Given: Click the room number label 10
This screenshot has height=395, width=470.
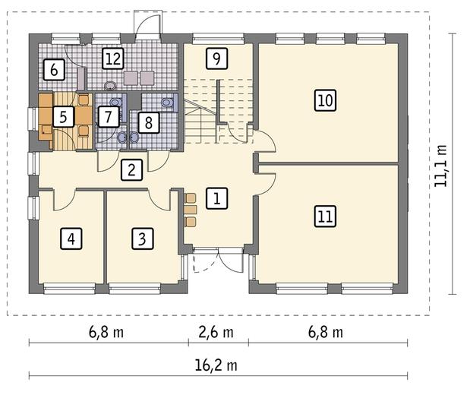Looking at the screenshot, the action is click(325, 100).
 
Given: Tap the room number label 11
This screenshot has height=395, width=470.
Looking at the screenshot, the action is click(325, 216).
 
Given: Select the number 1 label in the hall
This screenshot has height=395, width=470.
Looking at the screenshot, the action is click(217, 198).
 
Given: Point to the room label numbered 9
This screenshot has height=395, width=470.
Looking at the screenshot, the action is click(216, 58).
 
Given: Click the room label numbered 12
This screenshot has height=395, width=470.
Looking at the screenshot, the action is click(113, 58).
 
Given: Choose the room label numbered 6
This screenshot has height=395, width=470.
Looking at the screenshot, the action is click(54, 70).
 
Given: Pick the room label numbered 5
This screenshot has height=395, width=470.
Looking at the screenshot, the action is click(63, 116).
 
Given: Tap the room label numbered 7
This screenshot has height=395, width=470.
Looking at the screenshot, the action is click(109, 116).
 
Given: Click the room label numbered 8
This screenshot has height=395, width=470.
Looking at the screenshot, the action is click(148, 122).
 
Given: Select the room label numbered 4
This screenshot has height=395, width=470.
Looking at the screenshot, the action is click(71, 239).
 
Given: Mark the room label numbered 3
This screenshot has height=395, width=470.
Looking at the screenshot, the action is click(143, 239).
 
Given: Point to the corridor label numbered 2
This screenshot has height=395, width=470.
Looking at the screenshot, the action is click(131, 170).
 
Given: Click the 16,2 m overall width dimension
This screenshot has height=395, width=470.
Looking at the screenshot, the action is click(216, 365).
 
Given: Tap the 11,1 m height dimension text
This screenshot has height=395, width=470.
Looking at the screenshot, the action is click(441, 166).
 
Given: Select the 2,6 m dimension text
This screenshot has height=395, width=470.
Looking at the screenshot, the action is click(216, 332).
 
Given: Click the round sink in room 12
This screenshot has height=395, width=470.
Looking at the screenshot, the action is click(111, 86).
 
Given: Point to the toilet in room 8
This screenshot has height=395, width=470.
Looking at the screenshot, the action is click(167, 103).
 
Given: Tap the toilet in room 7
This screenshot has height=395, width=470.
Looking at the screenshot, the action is click(116, 102).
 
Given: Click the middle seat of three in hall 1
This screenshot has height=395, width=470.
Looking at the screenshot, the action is click(191, 210).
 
